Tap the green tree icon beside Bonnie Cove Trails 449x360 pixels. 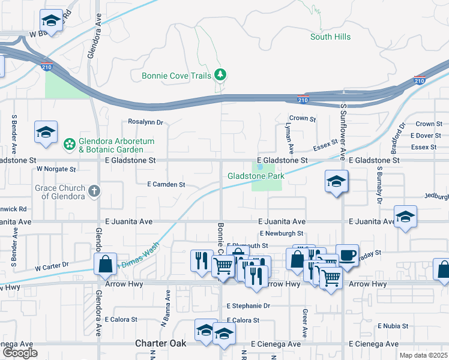221,74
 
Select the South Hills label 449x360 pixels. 330,37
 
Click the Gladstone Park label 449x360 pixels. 256,176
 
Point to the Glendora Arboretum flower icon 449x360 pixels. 70,145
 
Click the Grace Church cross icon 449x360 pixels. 94,192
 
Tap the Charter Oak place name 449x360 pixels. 160,343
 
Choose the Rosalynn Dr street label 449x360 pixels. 146,122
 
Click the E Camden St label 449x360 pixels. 166,185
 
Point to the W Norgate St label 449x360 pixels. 56,170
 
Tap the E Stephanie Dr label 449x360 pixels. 249,306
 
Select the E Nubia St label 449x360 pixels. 393,326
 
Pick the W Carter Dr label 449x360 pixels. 52,265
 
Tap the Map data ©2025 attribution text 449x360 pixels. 423,355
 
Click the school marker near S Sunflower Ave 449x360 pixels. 337,182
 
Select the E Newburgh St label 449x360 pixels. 282,233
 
